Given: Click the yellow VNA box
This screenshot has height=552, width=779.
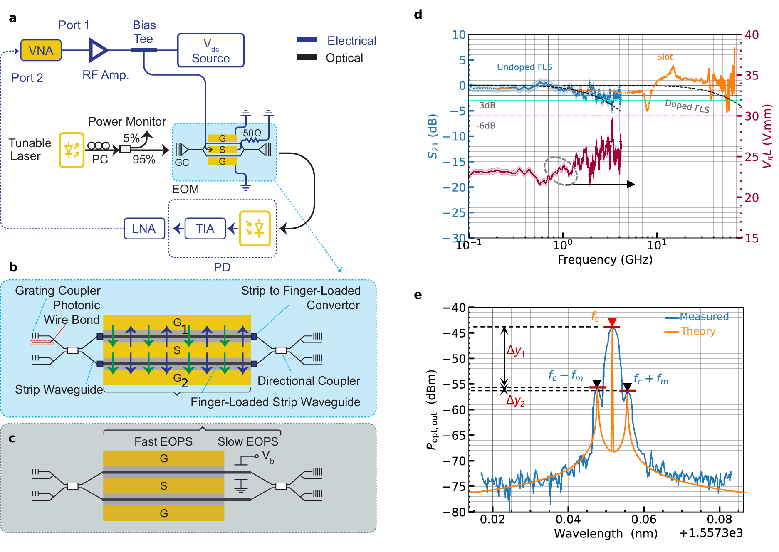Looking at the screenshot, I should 41,50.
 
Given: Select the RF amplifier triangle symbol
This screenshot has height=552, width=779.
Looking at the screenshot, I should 98,50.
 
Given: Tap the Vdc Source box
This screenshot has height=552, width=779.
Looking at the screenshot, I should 210,50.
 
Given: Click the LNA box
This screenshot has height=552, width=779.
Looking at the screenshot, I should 144,229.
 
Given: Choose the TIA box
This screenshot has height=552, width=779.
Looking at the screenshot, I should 205,229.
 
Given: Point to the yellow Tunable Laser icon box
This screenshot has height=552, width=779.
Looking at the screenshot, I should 72,150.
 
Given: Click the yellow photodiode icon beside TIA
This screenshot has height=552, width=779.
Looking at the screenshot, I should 255,228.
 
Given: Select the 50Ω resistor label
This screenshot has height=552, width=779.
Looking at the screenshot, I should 252,133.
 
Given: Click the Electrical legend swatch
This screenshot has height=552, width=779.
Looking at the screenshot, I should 307,40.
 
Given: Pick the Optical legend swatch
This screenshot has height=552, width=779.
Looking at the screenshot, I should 307,57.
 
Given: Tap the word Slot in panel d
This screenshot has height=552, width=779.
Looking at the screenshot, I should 665,57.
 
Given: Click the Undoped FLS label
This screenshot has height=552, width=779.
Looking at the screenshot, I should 524,67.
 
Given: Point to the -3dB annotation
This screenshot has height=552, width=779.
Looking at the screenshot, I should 486,105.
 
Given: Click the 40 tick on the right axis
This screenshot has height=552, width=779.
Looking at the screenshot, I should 752,35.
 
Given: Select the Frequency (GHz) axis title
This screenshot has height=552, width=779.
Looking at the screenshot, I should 605,259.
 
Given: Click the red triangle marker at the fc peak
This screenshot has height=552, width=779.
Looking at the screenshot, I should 612,322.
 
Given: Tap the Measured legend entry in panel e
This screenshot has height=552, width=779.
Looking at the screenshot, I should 704,317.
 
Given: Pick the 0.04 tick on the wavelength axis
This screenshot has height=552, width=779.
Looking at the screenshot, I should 568,519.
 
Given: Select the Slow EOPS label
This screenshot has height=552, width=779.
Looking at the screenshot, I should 248,441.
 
